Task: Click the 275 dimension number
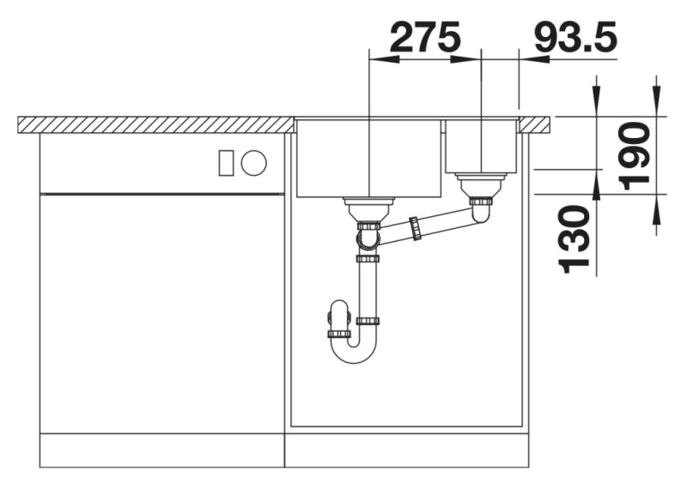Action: (x=424, y=37)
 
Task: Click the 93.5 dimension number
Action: (x=574, y=37)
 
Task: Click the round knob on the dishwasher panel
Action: (x=253, y=162)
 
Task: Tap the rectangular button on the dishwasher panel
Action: (x=227, y=162)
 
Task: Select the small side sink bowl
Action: (x=480, y=146)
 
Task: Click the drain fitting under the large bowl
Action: (x=368, y=206)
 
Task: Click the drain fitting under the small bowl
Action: (x=481, y=184)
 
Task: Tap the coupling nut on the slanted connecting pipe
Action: (x=416, y=229)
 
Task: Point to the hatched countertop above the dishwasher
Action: (x=155, y=124)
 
